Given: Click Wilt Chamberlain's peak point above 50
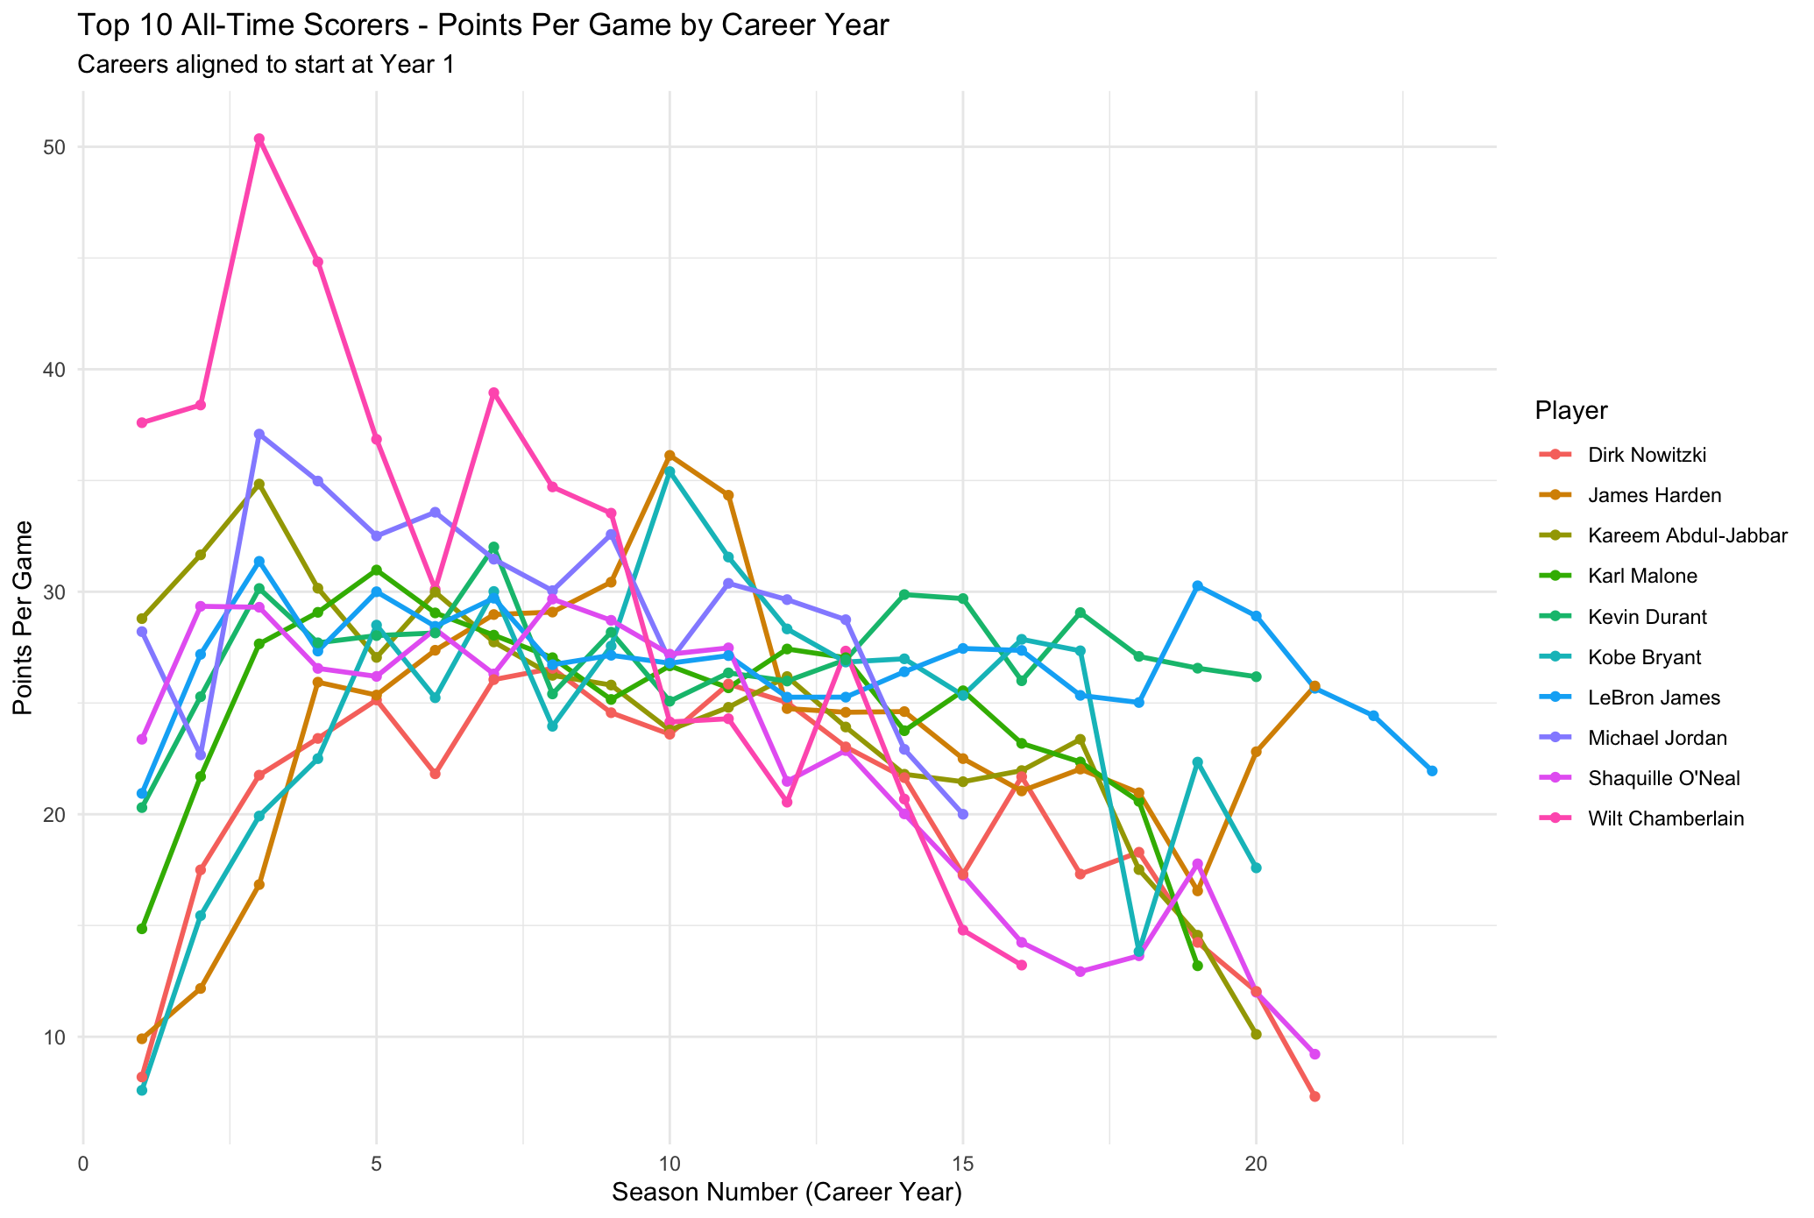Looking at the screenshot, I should click(259, 138).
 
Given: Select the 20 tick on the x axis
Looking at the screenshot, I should click(1256, 1164).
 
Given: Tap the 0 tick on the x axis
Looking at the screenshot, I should click(83, 1164).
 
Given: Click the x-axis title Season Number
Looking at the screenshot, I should click(786, 1193).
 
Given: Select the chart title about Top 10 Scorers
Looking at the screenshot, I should click(483, 25).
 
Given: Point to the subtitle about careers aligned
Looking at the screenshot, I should click(266, 65).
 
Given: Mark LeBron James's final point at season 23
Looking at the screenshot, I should click(1432, 771).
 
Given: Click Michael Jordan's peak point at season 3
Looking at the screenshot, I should click(259, 434).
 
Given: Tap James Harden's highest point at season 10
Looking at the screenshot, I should click(670, 456).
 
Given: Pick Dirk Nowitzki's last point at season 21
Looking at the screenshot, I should click(1314, 1096).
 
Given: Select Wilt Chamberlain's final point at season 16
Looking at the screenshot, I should click(1021, 965).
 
